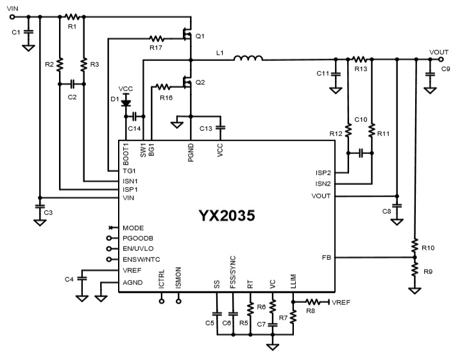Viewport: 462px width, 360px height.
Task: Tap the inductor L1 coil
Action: pyautogui.click(x=248, y=60)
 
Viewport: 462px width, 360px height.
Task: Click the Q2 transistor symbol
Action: pyautogui.click(x=187, y=83)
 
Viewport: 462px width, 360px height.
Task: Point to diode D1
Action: pyautogui.click(x=126, y=101)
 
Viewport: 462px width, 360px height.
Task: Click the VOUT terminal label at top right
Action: pyautogui.click(x=440, y=52)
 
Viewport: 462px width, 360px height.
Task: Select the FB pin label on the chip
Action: pyautogui.click(x=326, y=257)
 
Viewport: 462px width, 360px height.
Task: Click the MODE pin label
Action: pyautogui.click(x=133, y=228)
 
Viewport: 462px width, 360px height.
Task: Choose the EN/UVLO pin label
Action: pyautogui.click(x=139, y=249)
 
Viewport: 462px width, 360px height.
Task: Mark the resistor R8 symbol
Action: pyautogui.click(x=314, y=301)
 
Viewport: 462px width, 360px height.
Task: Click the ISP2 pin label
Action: pyautogui.click(x=322, y=172)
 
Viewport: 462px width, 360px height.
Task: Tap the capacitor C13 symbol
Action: pyautogui.click(x=220, y=128)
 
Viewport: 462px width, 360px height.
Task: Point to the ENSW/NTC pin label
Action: pyautogui.click(x=142, y=260)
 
